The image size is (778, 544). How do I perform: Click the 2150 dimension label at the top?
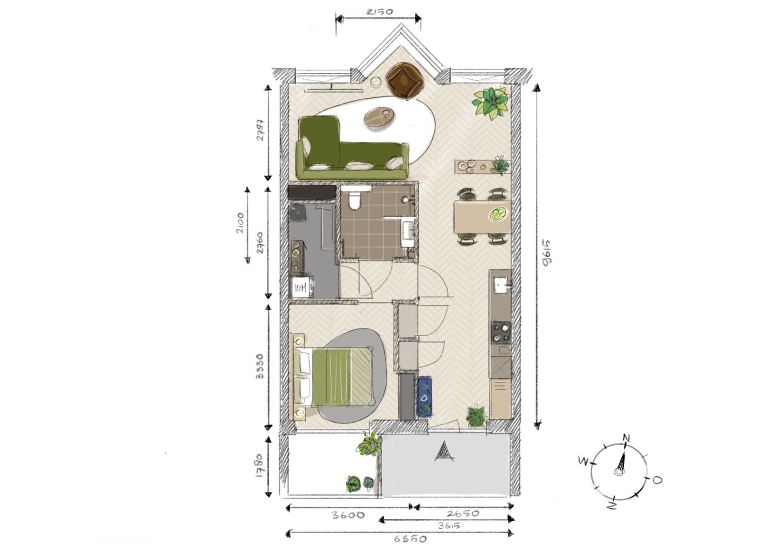(x=378, y=10)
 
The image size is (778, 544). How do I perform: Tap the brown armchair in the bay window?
(x=405, y=81)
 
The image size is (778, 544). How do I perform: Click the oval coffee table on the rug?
(x=380, y=117)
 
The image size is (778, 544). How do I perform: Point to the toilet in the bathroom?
(x=354, y=200)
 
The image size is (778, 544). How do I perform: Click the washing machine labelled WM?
(x=300, y=287)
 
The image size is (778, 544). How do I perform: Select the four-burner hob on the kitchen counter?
(x=500, y=333)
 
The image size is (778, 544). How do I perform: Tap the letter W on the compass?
(x=583, y=461)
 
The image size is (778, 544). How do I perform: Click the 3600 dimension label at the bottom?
(x=346, y=515)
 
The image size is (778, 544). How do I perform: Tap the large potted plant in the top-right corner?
(x=491, y=102)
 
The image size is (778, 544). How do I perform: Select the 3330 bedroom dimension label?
(x=259, y=367)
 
